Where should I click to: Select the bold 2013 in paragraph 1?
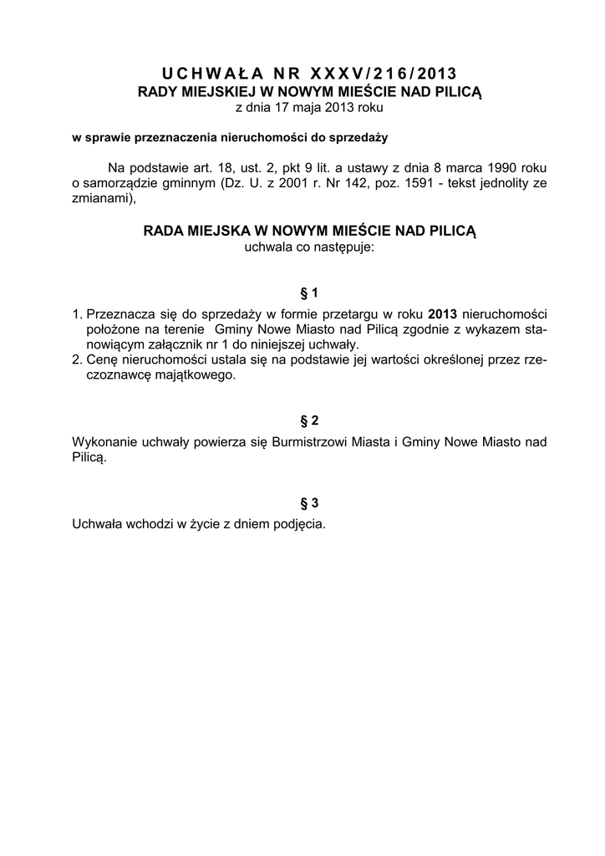[443, 313]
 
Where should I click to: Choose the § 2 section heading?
[309, 420]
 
